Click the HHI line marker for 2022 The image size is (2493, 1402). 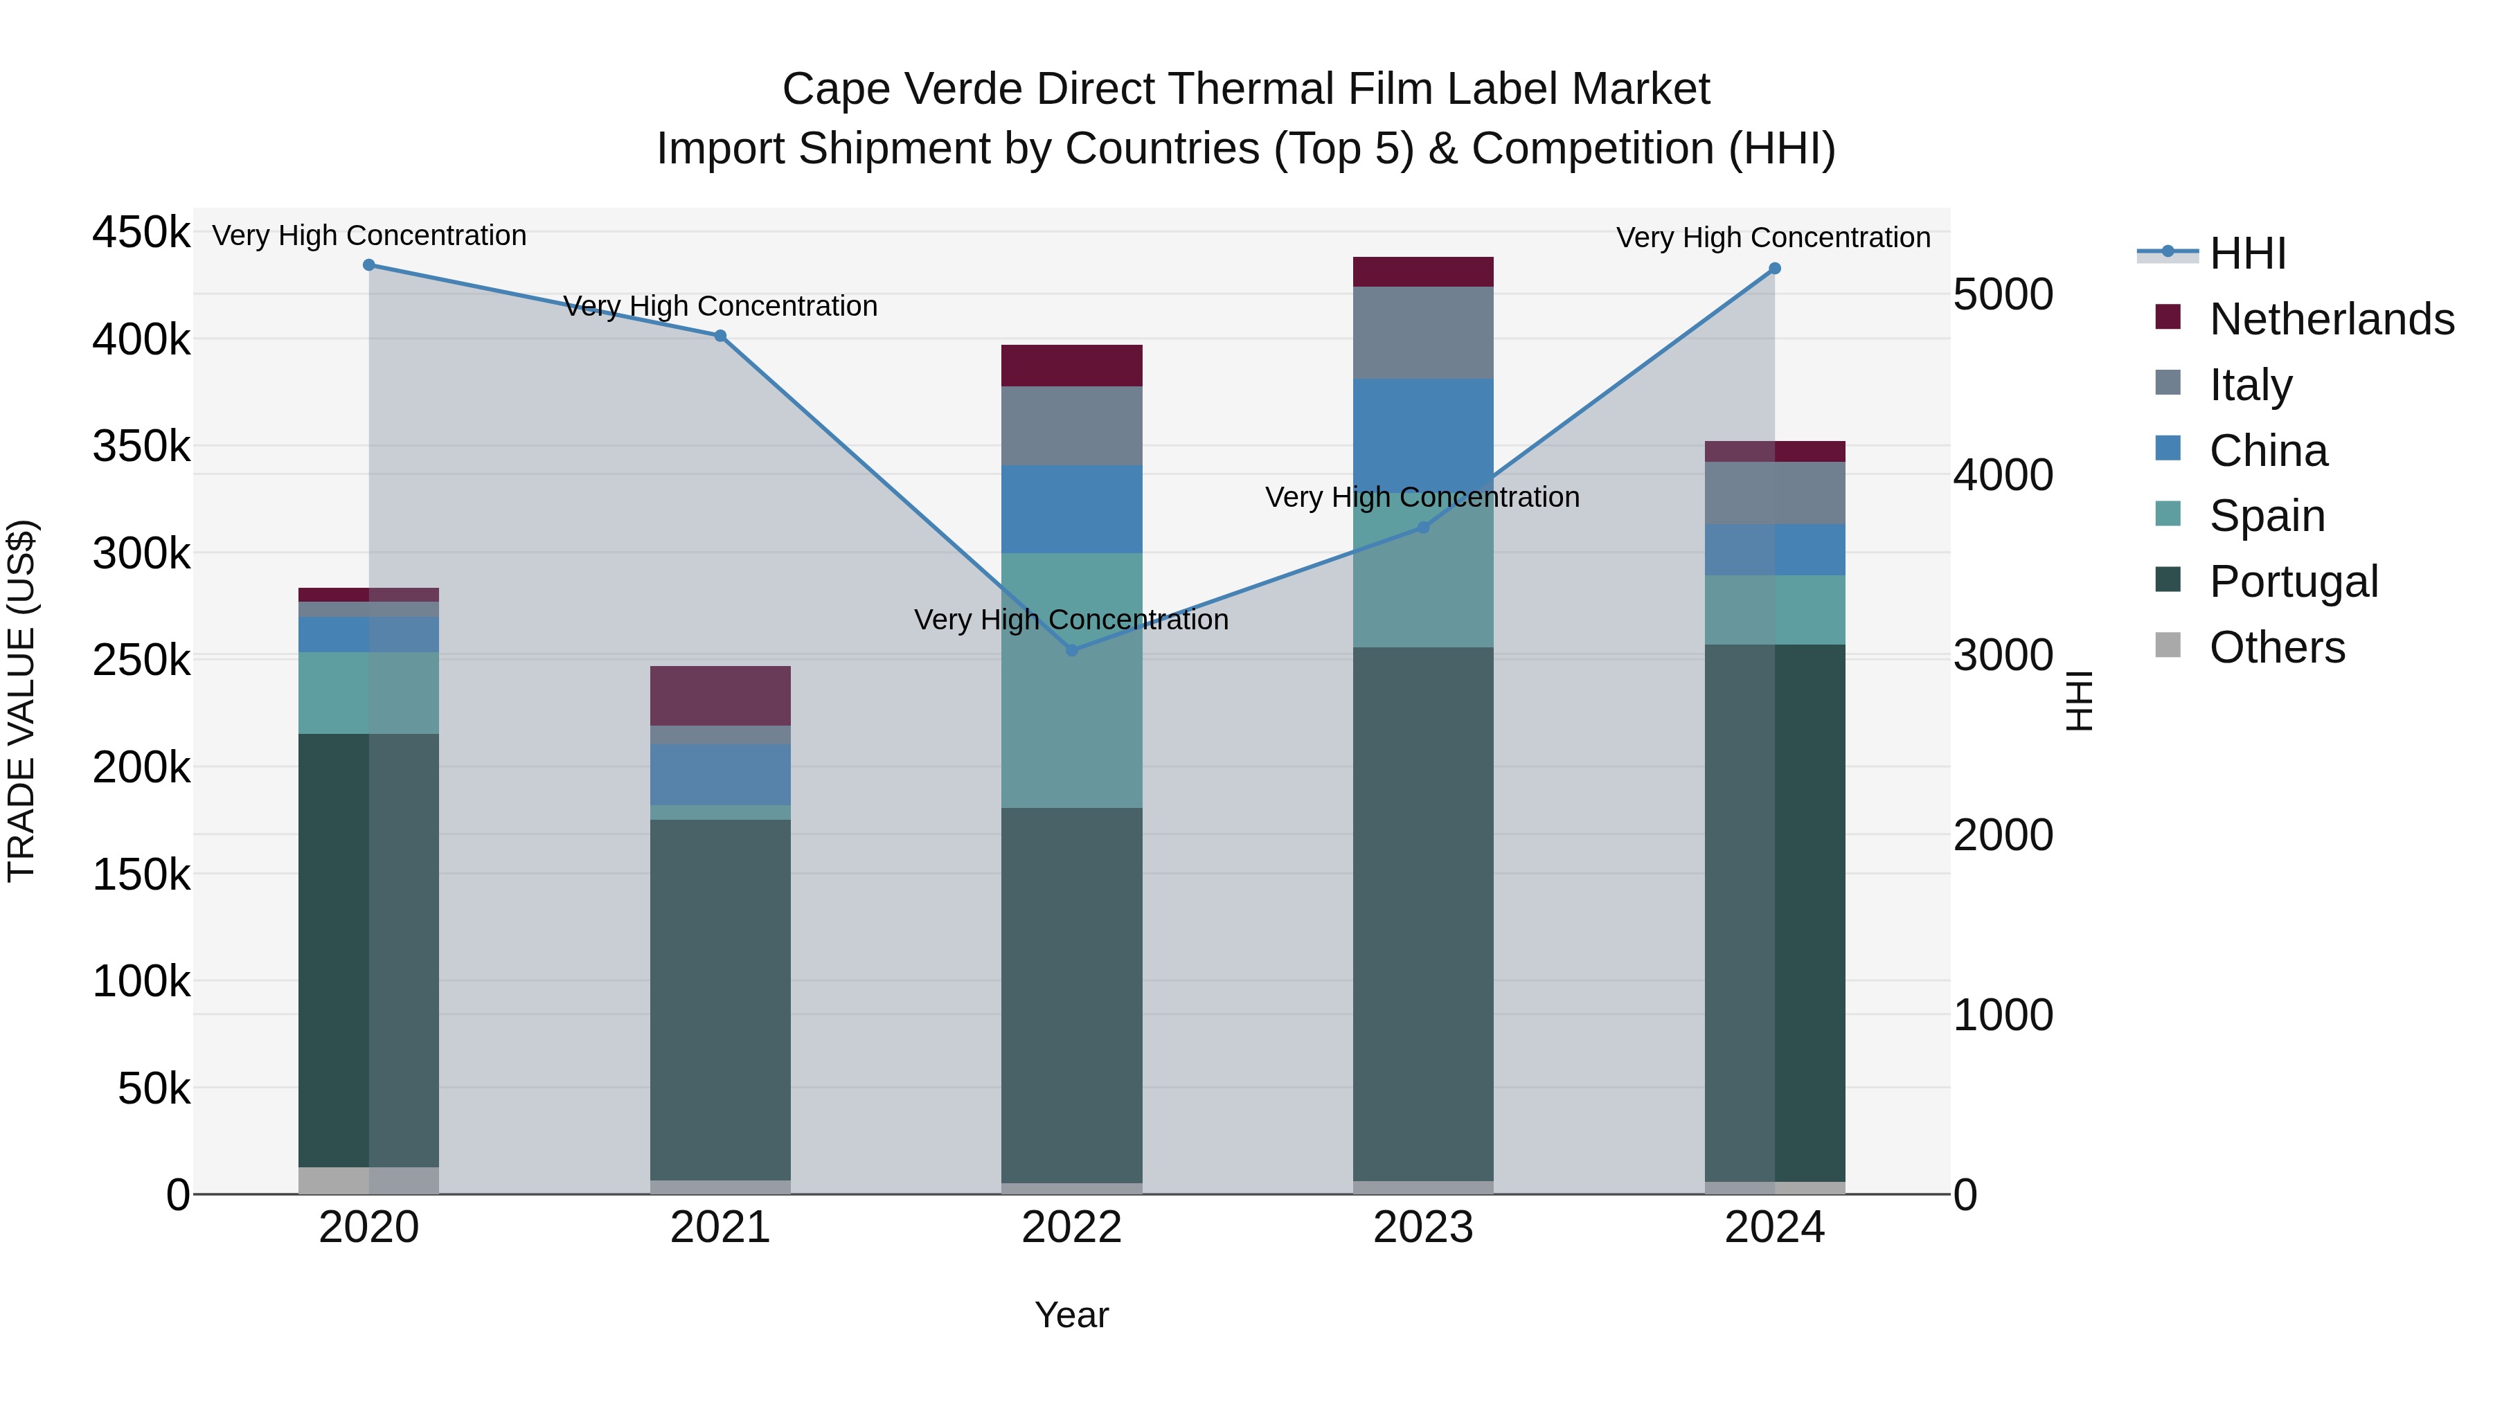1071,650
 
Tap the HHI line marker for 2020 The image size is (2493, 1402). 368,265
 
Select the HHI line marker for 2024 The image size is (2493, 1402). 1774,269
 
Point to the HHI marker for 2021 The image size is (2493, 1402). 720,336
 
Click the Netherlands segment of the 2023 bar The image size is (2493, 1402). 1422,272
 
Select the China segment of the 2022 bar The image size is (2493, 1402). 1071,509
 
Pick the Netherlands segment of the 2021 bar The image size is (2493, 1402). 720,696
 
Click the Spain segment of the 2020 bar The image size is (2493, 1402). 368,693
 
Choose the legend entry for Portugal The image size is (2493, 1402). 2293,582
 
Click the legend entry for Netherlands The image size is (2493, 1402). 2330,319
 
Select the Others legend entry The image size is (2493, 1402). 2276,647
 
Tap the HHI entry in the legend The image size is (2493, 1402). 2247,253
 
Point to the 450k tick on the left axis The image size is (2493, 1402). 141,233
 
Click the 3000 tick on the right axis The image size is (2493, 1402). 2002,655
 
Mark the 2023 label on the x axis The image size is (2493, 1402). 1422,1228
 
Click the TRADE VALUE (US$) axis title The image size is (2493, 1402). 21,701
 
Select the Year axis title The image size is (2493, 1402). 1071,1315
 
